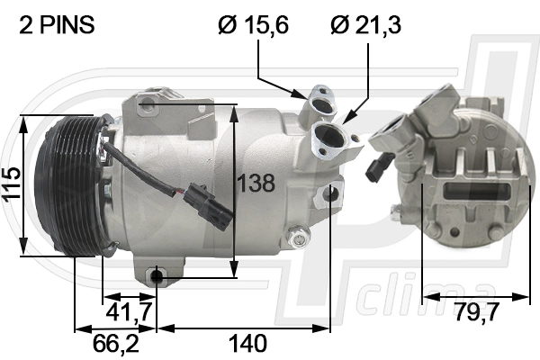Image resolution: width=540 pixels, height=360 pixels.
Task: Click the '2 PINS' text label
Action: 57,25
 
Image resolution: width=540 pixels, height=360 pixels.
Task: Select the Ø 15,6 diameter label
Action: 253,25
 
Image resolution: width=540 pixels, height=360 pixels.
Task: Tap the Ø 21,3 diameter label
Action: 365,25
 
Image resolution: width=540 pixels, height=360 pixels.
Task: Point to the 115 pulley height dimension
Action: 12,184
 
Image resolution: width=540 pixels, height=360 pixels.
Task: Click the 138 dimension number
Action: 256,183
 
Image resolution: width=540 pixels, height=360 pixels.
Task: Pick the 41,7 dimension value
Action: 129,312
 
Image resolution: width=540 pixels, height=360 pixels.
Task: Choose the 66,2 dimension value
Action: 116,343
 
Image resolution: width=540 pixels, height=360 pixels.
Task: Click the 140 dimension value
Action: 247,343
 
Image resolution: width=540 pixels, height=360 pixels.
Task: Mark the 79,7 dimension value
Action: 477,311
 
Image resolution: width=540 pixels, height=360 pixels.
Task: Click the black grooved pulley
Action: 69,186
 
